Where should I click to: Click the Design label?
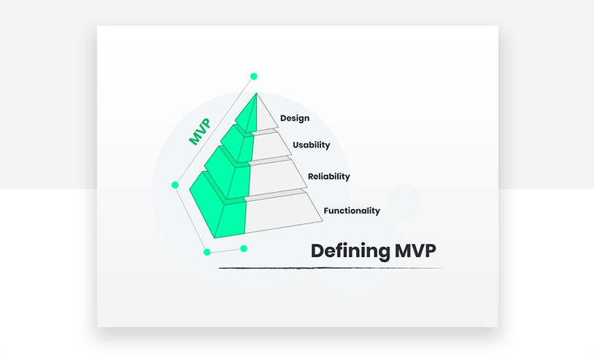[295, 118]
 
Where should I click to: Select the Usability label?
[312, 145]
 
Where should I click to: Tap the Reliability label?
[329, 177]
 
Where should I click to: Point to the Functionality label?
[352, 211]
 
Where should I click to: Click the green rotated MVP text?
[200, 131]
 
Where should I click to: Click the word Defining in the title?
[350, 251]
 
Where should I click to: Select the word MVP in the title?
[415, 250]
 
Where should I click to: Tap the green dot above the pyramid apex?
[254, 77]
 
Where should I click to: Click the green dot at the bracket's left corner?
[175, 185]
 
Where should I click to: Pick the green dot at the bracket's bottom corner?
[207, 253]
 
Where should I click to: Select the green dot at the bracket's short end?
[244, 248]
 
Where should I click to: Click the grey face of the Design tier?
[266, 116]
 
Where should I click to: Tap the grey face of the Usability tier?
[270, 146]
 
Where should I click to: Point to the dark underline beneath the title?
[331, 268]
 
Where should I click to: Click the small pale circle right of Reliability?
[404, 202]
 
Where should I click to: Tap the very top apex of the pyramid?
[256, 93]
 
